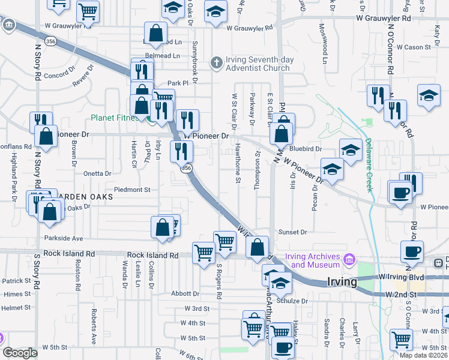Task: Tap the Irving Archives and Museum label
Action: click(x=312, y=260)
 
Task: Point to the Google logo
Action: click(x=20, y=353)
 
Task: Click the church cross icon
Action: click(x=217, y=62)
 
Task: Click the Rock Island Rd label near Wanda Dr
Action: click(x=153, y=255)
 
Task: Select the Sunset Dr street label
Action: click(x=292, y=232)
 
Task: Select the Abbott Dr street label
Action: click(x=185, y=294)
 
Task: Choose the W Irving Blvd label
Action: click(x=402, y=277)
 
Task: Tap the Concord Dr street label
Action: click(x=58, y=76)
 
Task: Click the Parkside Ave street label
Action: click(x=63, y=238)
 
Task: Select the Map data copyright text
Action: click(x=424, y=355)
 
